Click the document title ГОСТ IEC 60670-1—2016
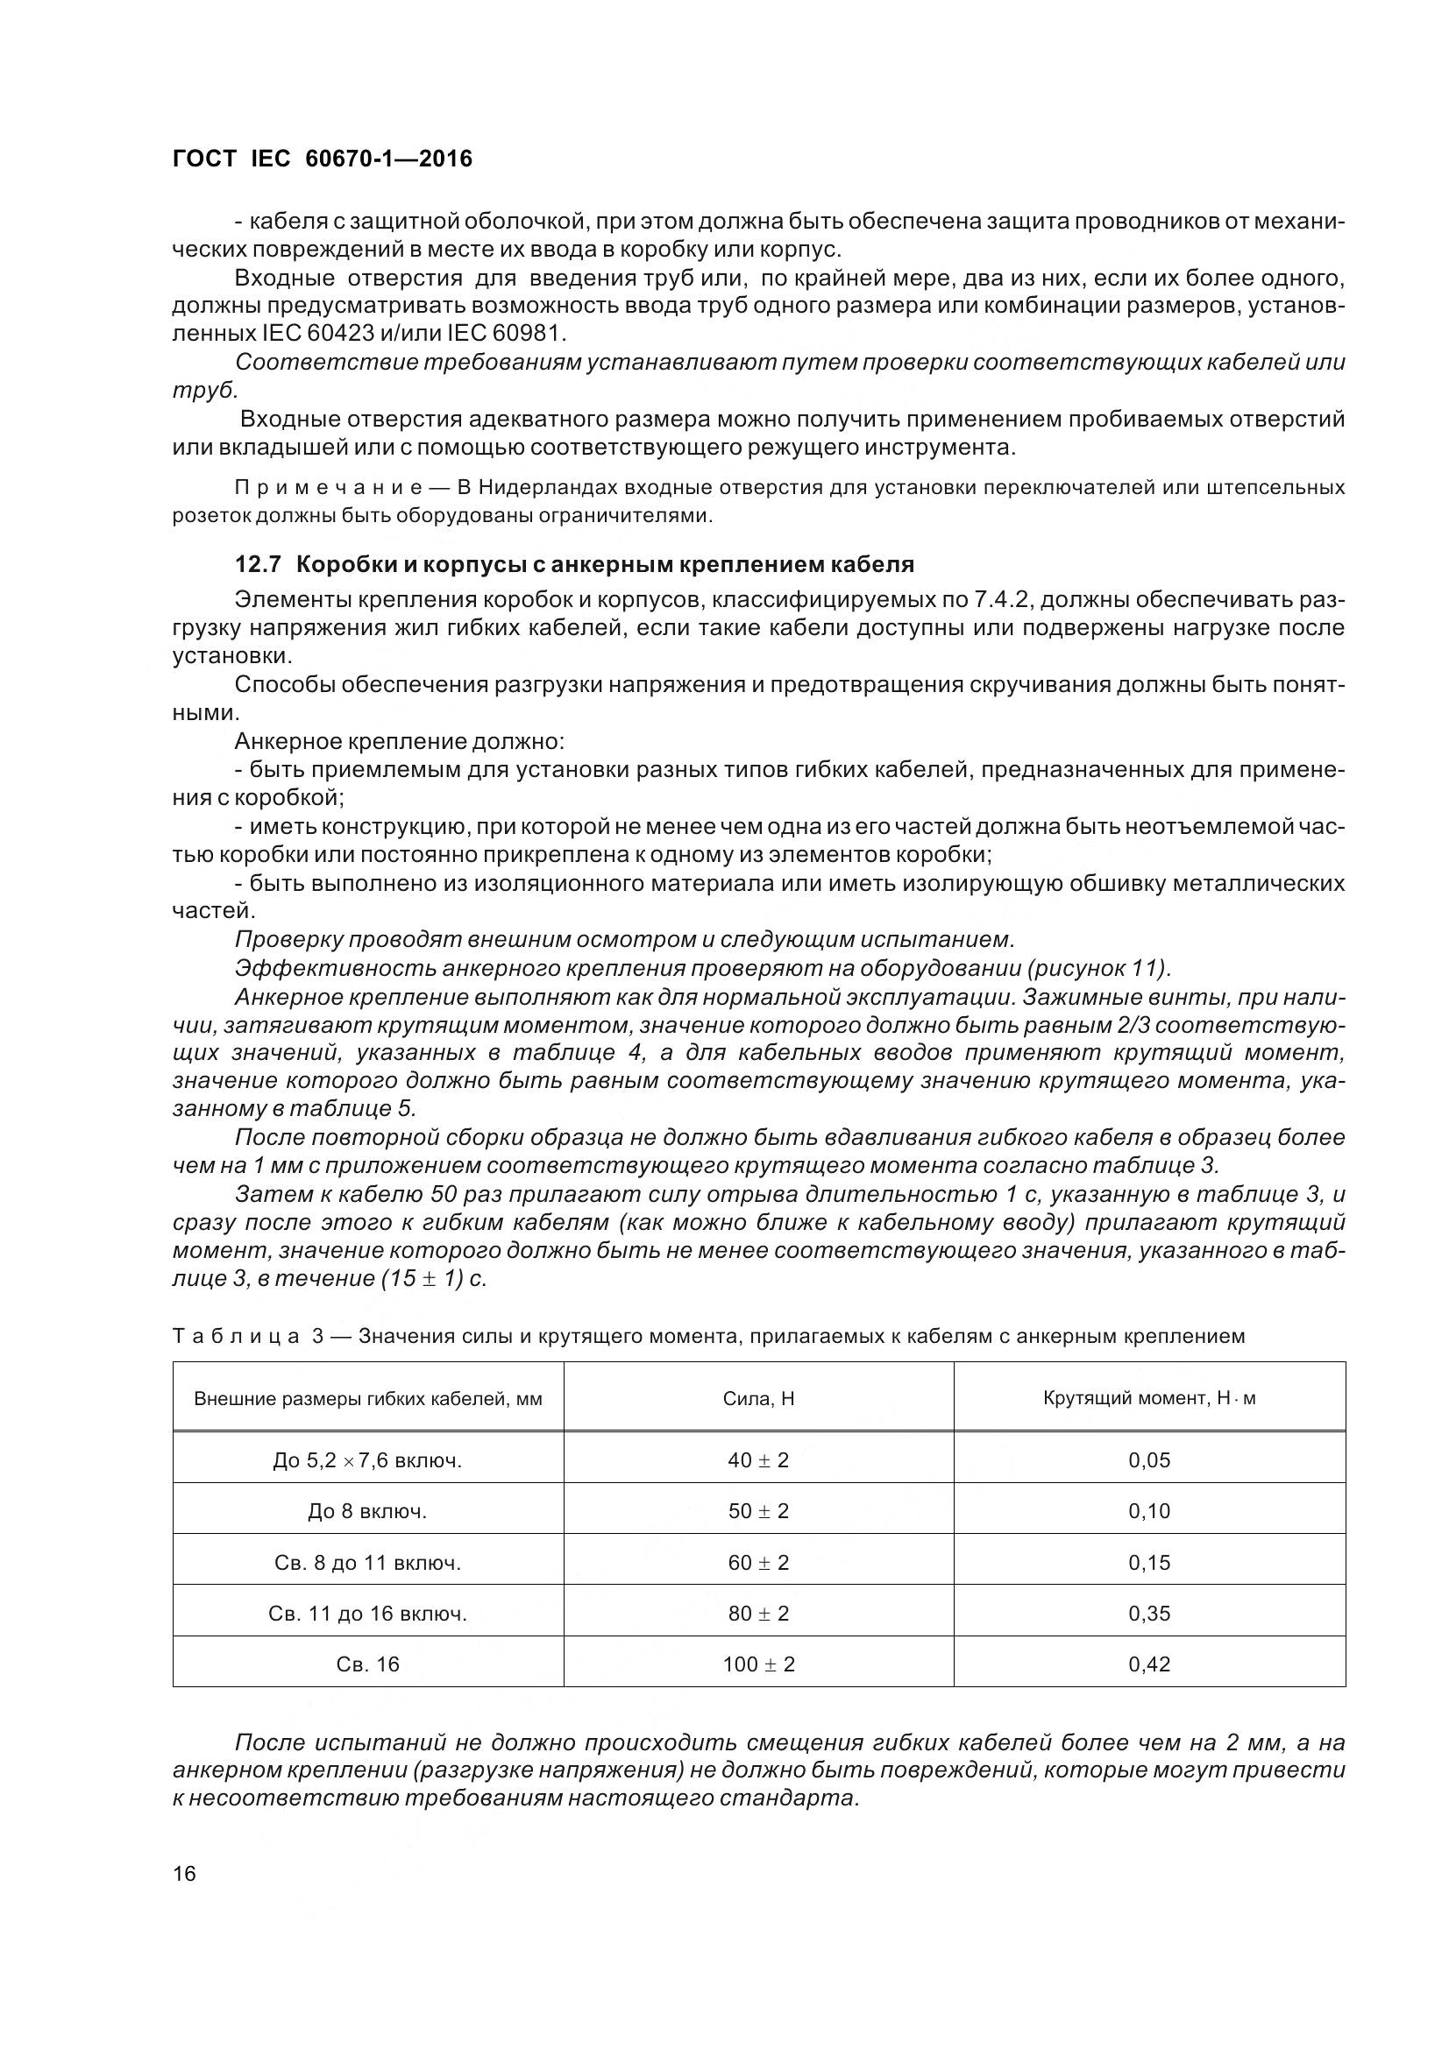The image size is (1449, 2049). point(322,159)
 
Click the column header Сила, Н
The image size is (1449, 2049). point(758,1398)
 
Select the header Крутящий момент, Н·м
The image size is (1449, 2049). point(1149,1398)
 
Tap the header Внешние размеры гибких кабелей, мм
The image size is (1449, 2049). point(368,1398)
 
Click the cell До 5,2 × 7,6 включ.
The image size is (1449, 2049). point(368,1461)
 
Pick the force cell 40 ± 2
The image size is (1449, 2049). point(758,1461)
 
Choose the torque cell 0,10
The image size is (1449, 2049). point(1149,1511)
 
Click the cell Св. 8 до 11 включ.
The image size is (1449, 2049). point(368,1563)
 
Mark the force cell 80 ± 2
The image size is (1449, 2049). point(758,1614)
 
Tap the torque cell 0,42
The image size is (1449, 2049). point(1149,1664)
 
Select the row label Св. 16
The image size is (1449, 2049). point(368,1664)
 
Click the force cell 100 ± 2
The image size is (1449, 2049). point(758,1664)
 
